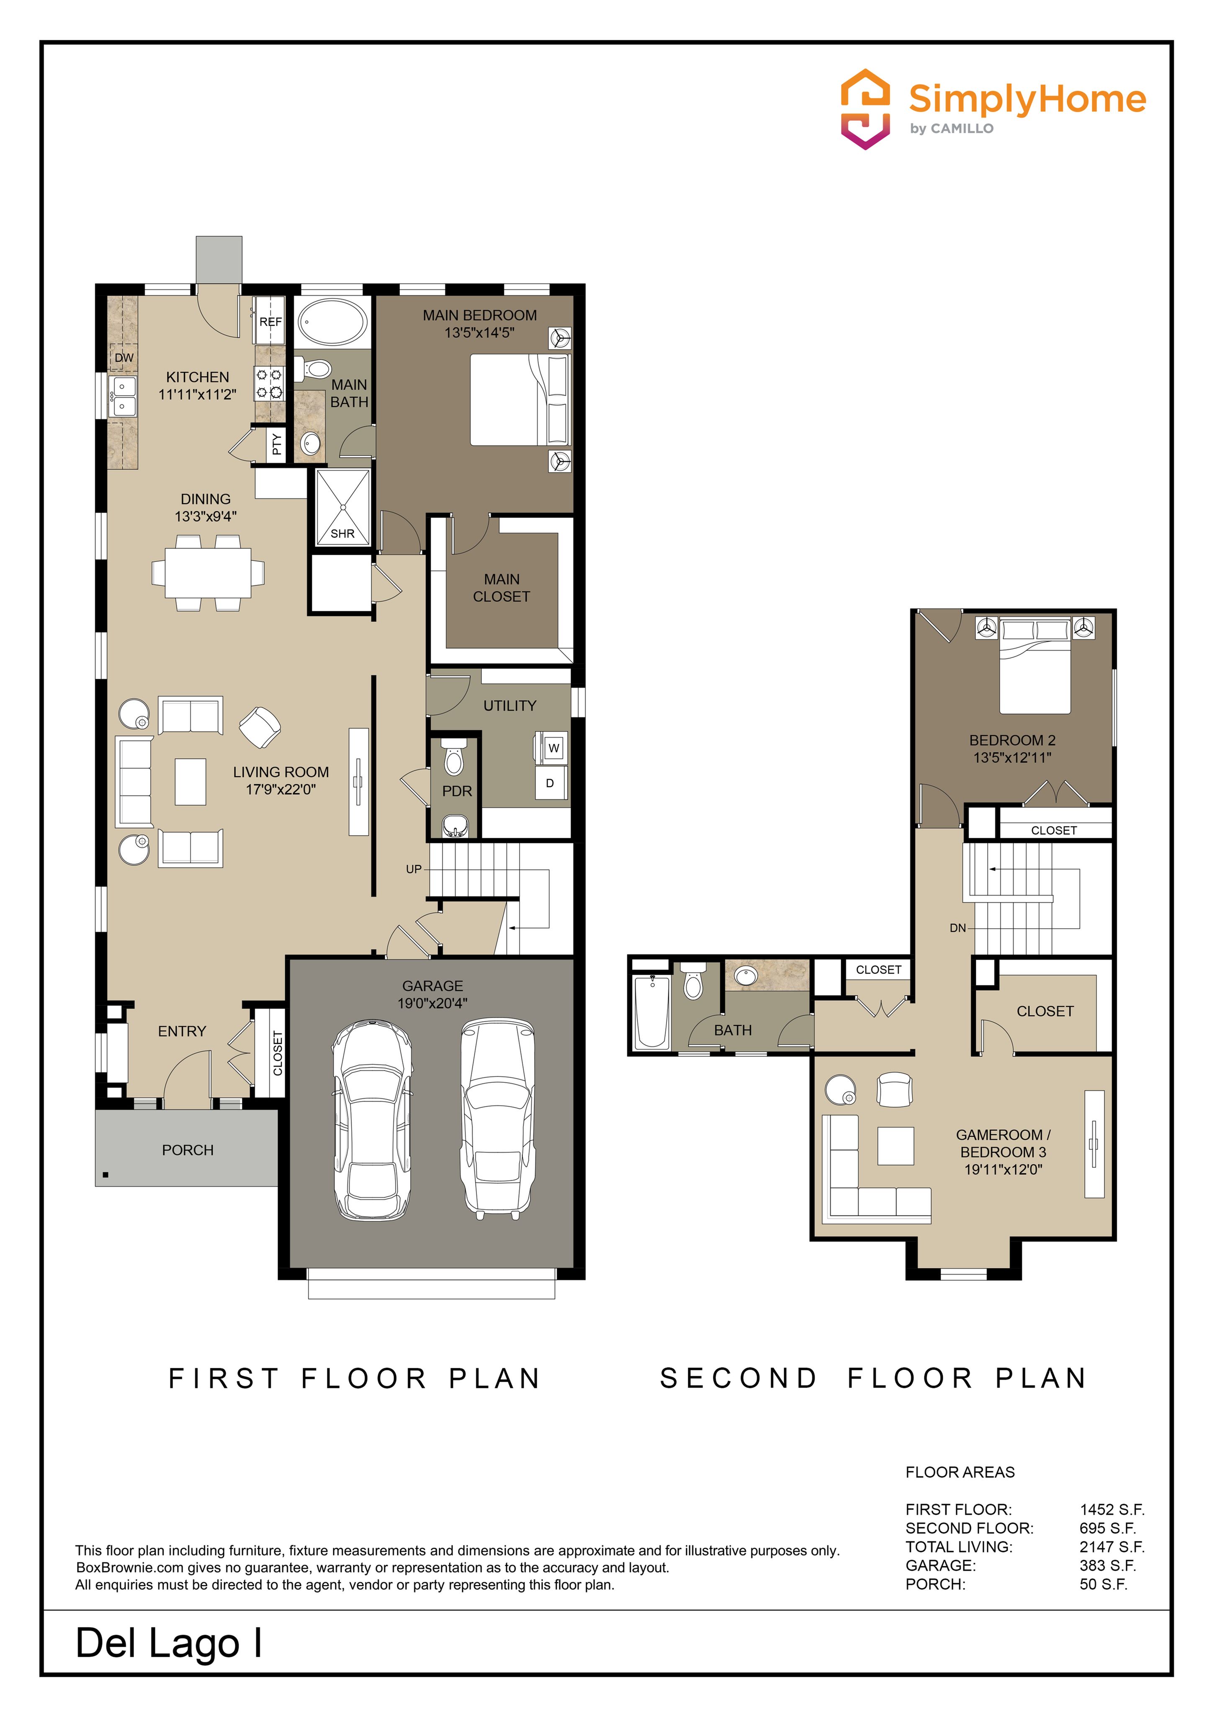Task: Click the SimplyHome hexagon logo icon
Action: point(865,109)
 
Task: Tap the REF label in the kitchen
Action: point(270,322)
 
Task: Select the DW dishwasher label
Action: point(124,358)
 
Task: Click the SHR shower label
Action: point(343,533)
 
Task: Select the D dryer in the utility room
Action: point(551,783)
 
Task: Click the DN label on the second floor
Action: point(957,928)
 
